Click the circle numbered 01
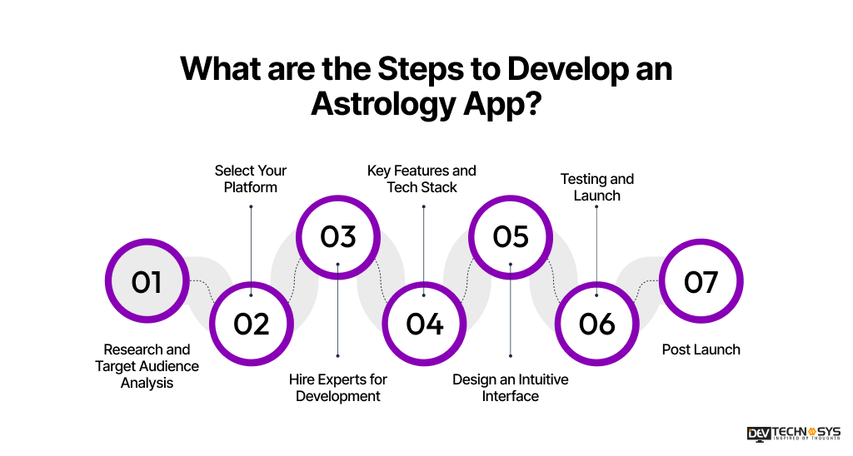point(147,282)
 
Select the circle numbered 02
point(251,323)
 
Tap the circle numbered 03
point(338,236)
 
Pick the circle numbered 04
point(424,323)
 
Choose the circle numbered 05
point(511,236)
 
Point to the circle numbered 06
point(596,323)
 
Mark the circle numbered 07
point(701,282)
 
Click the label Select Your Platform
point(251,179)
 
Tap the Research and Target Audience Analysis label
point(147,366)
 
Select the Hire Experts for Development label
point(338,388)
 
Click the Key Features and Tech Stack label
point(422,179)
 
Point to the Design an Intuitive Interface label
point(511,388)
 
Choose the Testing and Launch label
point(597,187)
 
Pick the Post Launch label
point(701,349)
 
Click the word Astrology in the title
point(383,106)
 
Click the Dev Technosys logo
point(793,434)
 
